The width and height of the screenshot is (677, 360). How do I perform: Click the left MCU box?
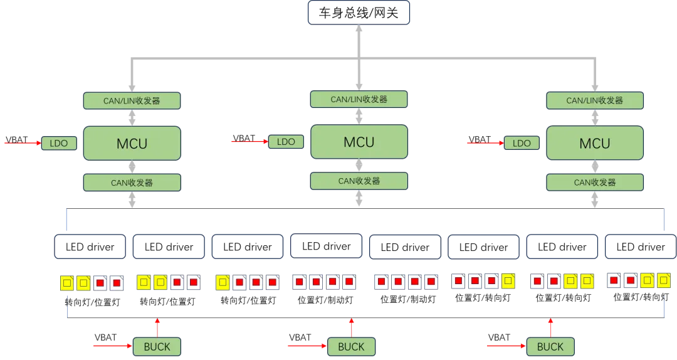click(132, 143)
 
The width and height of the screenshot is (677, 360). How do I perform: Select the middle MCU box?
click(359, 142)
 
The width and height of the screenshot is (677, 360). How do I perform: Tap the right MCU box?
click(594, 143)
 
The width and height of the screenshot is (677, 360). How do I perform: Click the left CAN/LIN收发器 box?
click(132, 100)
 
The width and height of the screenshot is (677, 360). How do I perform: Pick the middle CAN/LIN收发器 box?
click(359, 99)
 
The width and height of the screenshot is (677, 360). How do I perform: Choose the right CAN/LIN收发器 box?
click(594, 100)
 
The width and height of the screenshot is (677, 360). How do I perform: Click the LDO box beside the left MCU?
click(59, 143)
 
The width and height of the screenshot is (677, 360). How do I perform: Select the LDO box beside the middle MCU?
click(285, 142)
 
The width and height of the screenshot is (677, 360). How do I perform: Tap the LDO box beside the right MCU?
click(522, 143)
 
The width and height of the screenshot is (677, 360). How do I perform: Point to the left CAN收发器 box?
click(132, 183)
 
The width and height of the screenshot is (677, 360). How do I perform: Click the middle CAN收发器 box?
click(359, 181)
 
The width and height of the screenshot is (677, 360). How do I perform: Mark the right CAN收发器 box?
click(594, 183)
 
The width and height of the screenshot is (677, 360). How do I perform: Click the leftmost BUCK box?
click(157, 346)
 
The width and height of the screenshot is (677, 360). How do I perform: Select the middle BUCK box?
click(351, 346)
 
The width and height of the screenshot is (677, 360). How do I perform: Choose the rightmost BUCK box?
click(550, 346)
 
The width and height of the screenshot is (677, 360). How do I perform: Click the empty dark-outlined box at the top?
click(358, 13)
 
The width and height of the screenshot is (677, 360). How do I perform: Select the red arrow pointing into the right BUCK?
click(506, 346)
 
